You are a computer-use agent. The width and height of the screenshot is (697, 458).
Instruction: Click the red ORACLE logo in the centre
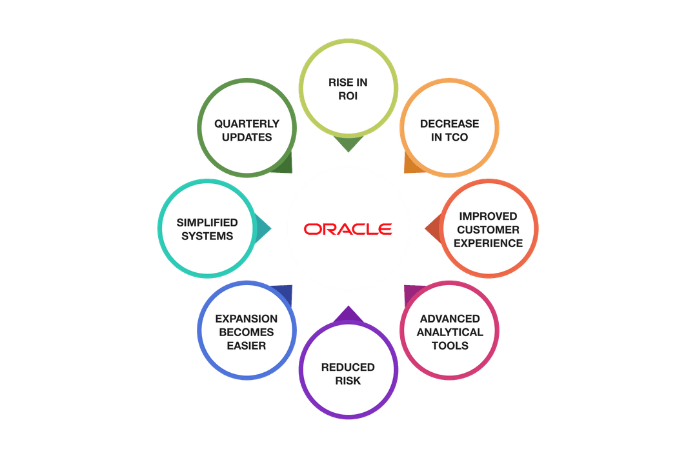pyautogui.click(x=348, y=229)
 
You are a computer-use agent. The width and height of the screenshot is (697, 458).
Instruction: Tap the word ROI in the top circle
pyautogui.click(x=348, y=96)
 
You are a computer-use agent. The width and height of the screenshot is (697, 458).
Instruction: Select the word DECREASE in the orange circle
pyautogui.click(x=449, y=124)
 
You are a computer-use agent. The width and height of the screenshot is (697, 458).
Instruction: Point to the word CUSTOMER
pyautogui.click(x=488, y=230)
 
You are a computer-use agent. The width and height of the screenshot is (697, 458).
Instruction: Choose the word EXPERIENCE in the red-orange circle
pyautogui.click(x=488, y=243)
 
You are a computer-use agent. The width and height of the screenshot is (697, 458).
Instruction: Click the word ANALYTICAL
pyautogui.click(x=450, y=332)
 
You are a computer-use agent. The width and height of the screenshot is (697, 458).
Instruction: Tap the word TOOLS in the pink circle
pyautogui.click(x=450, y=346)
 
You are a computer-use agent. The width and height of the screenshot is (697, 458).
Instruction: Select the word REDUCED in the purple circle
pyautogui.click(x=348, y=367)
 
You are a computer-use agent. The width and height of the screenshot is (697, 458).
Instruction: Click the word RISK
pyautogui.click(x=348, y=381)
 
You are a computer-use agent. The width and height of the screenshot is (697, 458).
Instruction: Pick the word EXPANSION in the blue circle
pyautogui.click(x=247, y=319)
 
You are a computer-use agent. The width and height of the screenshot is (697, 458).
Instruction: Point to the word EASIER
pyautogui.click(x=247, y=346)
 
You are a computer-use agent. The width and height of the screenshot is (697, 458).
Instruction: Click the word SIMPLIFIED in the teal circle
pyautogui.click(x=207, y=223)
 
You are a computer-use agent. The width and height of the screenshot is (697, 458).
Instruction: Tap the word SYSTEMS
pyautogui.click(x=207, y=236)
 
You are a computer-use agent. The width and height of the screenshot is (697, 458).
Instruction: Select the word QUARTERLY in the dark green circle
pyautogui.click(x=247, y=123)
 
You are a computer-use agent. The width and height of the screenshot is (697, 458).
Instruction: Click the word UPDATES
pyautogui.click(x=247, y=137)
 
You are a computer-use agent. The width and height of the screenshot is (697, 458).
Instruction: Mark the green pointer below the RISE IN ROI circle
pyautogui.click(x=348, y=146)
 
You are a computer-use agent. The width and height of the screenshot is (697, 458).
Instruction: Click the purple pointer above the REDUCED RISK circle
pyautogui.click(x=348, y=314)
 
